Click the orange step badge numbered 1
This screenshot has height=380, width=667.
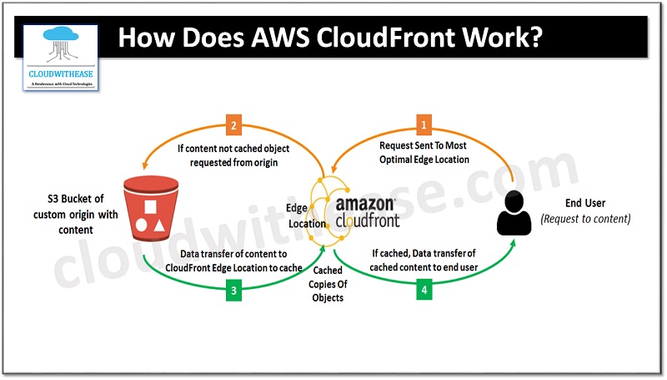[x=426, y=126]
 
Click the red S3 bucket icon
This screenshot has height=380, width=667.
[x=147, y=205]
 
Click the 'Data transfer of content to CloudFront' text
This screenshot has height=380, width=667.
[x=233, y=259]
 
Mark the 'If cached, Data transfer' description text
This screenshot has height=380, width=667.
[x=425, y=259]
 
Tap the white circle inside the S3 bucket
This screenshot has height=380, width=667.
[x=138, y=224]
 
